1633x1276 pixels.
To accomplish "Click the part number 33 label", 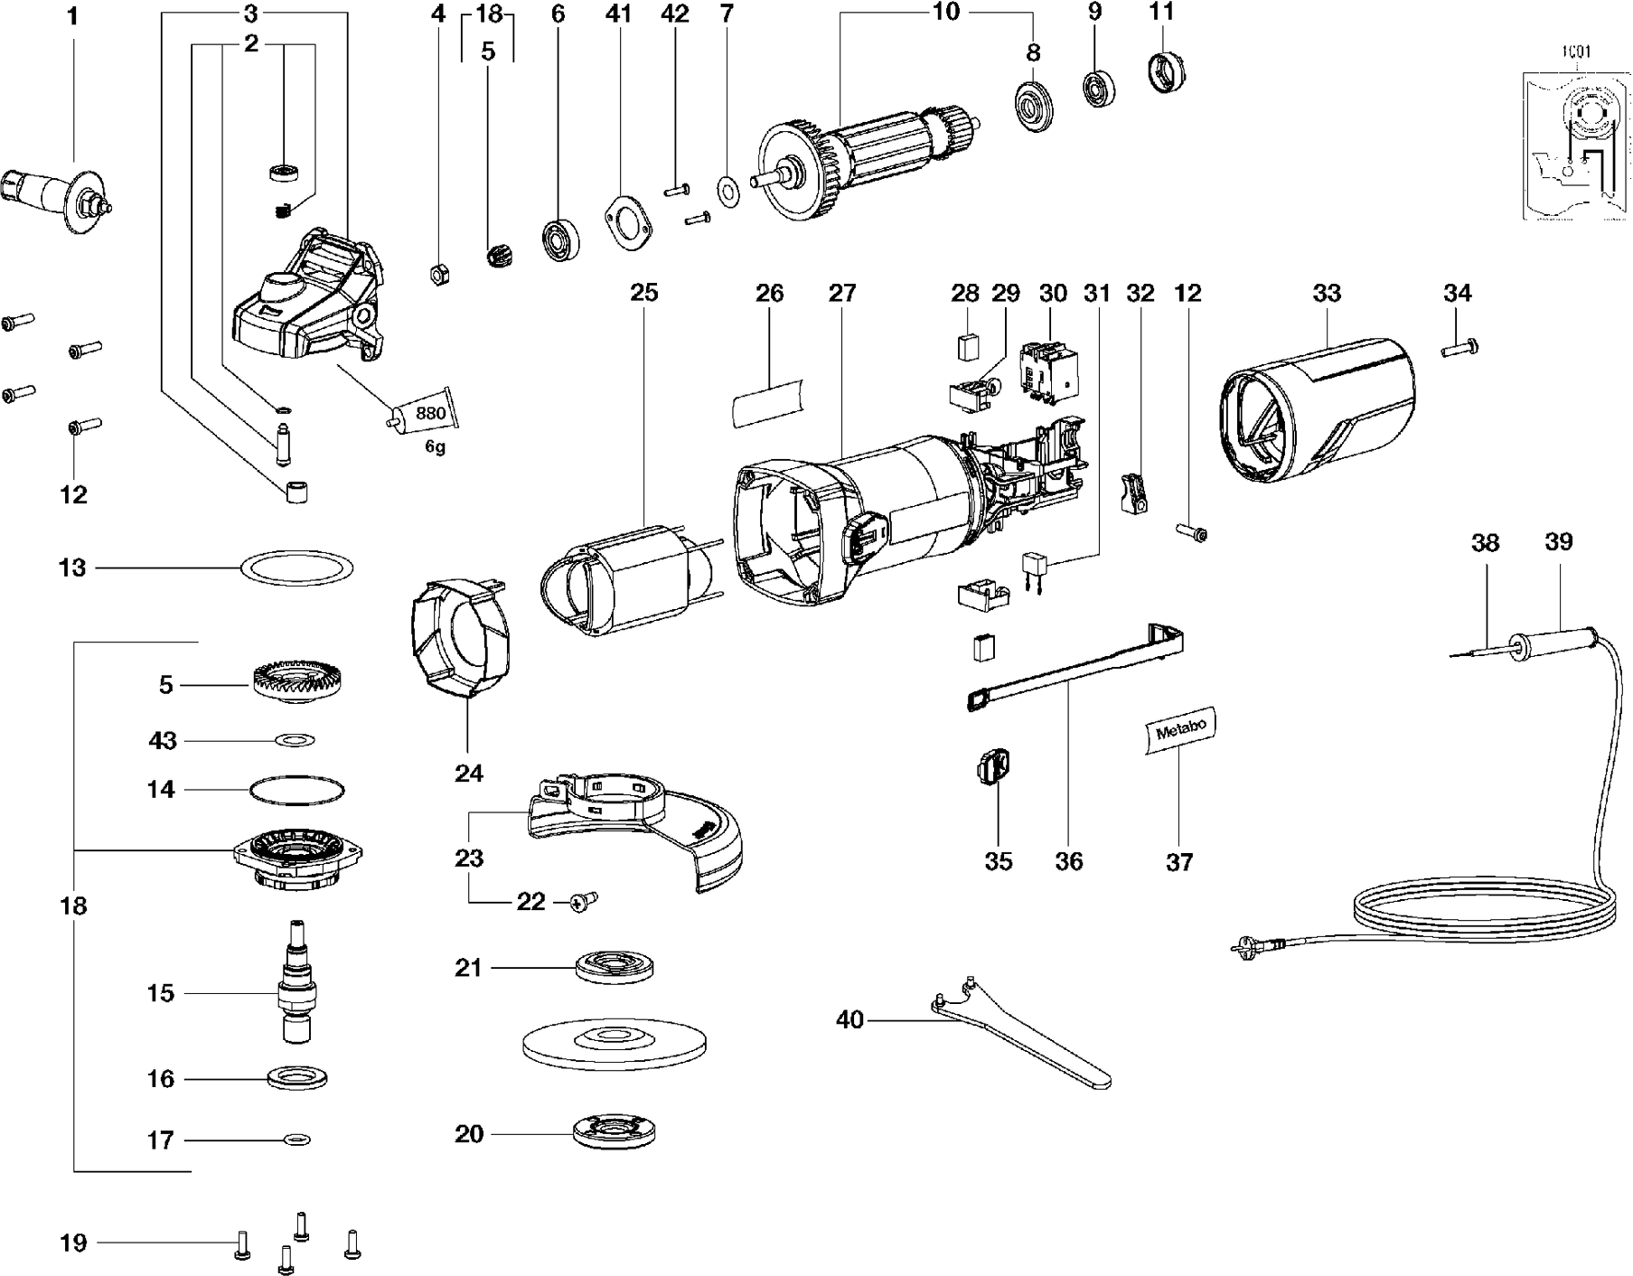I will point(1327,293).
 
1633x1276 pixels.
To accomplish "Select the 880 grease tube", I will point(423,415).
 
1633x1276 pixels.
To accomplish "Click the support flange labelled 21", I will point(615,969).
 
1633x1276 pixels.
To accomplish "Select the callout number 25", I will point(644,293).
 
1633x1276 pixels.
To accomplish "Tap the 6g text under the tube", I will point(436,447).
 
